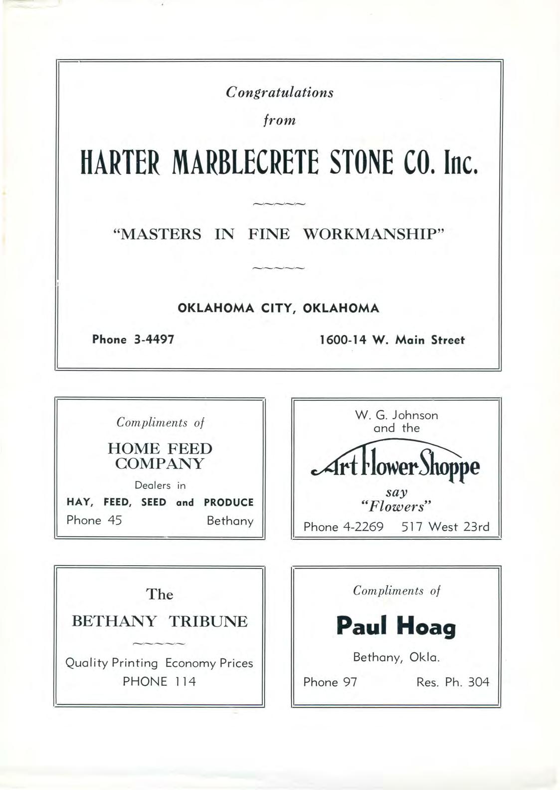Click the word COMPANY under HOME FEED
point(160,464)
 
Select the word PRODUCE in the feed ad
point(229,502)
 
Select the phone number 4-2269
point(364,527)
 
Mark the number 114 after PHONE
point(185,681)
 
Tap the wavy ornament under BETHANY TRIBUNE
point(160,643)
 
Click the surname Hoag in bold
point(426,627)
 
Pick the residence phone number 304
point(479,682)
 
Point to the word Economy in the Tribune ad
point(190,663)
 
